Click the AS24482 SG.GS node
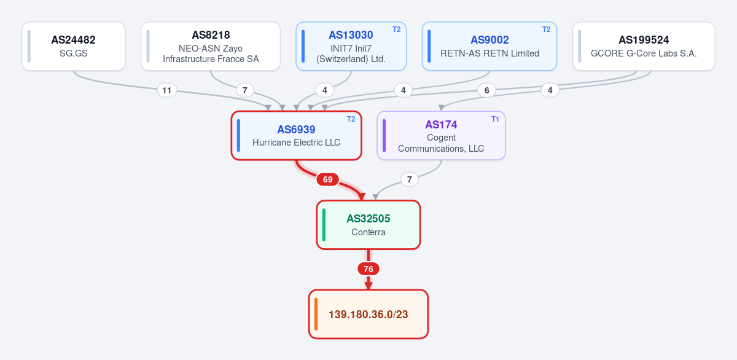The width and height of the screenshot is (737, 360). coord(74,46)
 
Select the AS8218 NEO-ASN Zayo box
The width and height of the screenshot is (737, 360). coord(211,46)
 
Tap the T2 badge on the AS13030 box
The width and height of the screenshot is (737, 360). coord(397,29)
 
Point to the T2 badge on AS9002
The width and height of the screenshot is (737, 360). coord(546,29)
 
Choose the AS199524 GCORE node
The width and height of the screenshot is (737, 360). coord(644,46)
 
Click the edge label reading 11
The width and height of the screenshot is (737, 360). coord(167,90)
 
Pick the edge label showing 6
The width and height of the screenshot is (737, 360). coord(486,90)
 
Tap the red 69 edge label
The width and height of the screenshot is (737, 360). coord(328,179)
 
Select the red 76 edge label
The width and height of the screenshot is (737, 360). coord(368,269)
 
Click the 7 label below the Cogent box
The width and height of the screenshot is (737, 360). coord(409,179)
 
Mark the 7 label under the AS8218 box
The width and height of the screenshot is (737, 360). coord(245,90)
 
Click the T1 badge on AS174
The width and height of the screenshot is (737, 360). coord(495,119)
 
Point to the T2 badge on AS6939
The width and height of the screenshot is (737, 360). coord(351,119)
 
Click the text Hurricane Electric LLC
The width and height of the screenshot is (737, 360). coord(296,143)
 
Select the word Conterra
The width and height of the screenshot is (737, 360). coord(368,232)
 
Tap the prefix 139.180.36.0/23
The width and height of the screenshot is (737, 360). coord(368,315)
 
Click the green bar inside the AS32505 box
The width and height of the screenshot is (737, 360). coord(324,225)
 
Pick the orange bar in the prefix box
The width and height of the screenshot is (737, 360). coord(316,314)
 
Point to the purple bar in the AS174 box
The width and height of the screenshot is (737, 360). coord(384,136)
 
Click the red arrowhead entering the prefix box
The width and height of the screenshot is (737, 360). coord(368,286)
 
